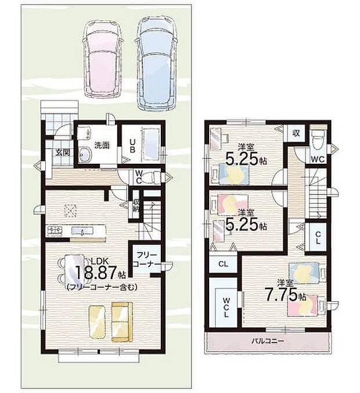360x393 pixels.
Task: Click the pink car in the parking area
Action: [103, 59]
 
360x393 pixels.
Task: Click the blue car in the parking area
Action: [156, 63]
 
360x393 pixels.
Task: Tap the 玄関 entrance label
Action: [63, 153]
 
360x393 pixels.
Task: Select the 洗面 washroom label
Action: [102, 146]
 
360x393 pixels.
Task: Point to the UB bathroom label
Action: [132, 146]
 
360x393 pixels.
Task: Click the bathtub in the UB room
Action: [150, 145]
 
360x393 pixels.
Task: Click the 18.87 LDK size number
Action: [96, 273]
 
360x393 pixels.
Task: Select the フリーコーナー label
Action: [147, 259]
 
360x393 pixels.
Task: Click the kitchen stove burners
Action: [55, 230]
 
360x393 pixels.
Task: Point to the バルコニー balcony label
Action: [268, 341]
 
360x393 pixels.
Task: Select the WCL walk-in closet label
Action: [226, 307]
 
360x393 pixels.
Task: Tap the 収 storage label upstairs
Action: [296, 133]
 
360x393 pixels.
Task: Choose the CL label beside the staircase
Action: [318, 238]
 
